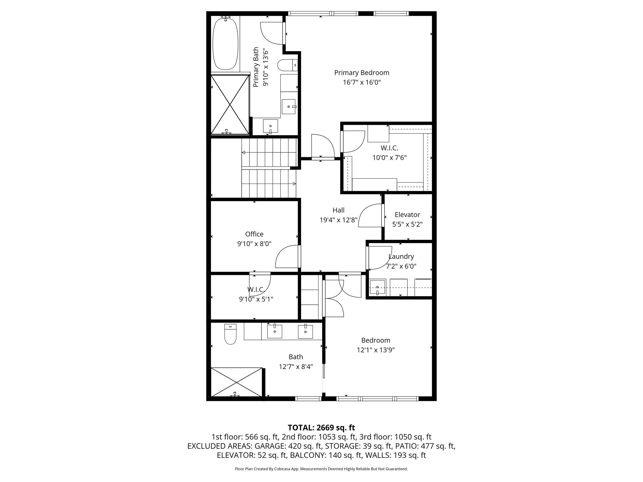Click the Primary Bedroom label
[362, 73]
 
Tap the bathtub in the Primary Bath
[225, 44]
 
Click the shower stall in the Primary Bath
[230, 105]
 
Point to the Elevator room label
[407, 215]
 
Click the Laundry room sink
[377, 287]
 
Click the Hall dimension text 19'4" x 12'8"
[338, 220]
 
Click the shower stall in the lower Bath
[236, 382]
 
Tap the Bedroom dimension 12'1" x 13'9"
[376, 350]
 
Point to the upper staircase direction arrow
[244, 153]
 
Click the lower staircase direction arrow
[294, 184]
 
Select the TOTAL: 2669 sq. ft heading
[321, 428]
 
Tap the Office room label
[254, 234]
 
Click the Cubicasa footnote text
[321, 469]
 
